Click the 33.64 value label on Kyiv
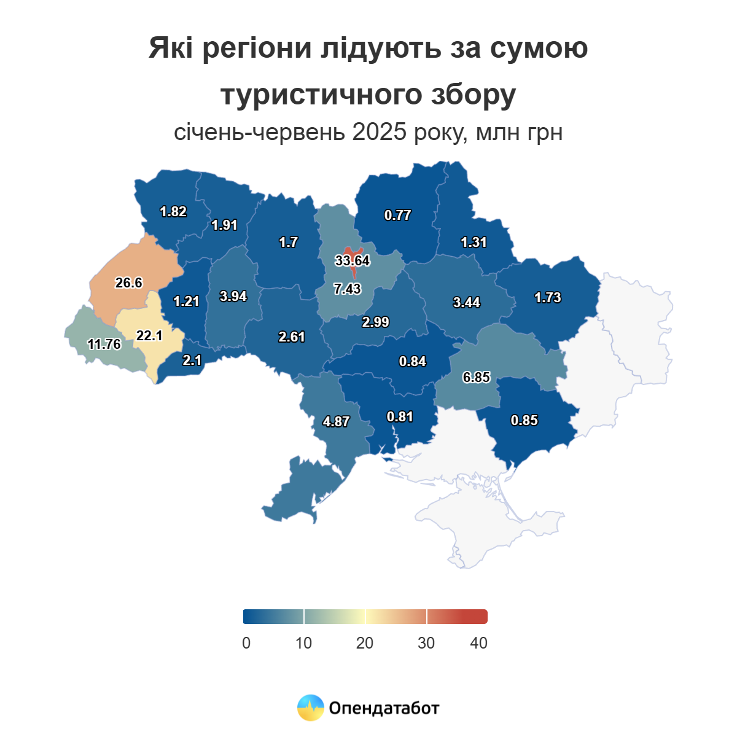click(353, 260)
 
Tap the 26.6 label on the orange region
click(129, 283)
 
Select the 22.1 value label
click(149, 335)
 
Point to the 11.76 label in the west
click(104, 344)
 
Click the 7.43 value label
click(348, 289)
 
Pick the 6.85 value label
click(477, 377)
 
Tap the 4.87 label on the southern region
click(336, 421)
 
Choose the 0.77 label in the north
click(397, 215)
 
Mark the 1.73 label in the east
click(548, 297)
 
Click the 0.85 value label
click(524, 420)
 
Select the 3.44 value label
click(467, 302)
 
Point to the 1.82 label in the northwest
click(173, 211)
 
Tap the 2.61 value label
click(292, 337)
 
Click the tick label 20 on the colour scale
click(365, 643)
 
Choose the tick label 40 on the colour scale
click(478, 643)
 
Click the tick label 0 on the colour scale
click(246, 643)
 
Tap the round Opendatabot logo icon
click(311, 708)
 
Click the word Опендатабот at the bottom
click(384, 708)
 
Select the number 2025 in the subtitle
click(380, 132)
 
